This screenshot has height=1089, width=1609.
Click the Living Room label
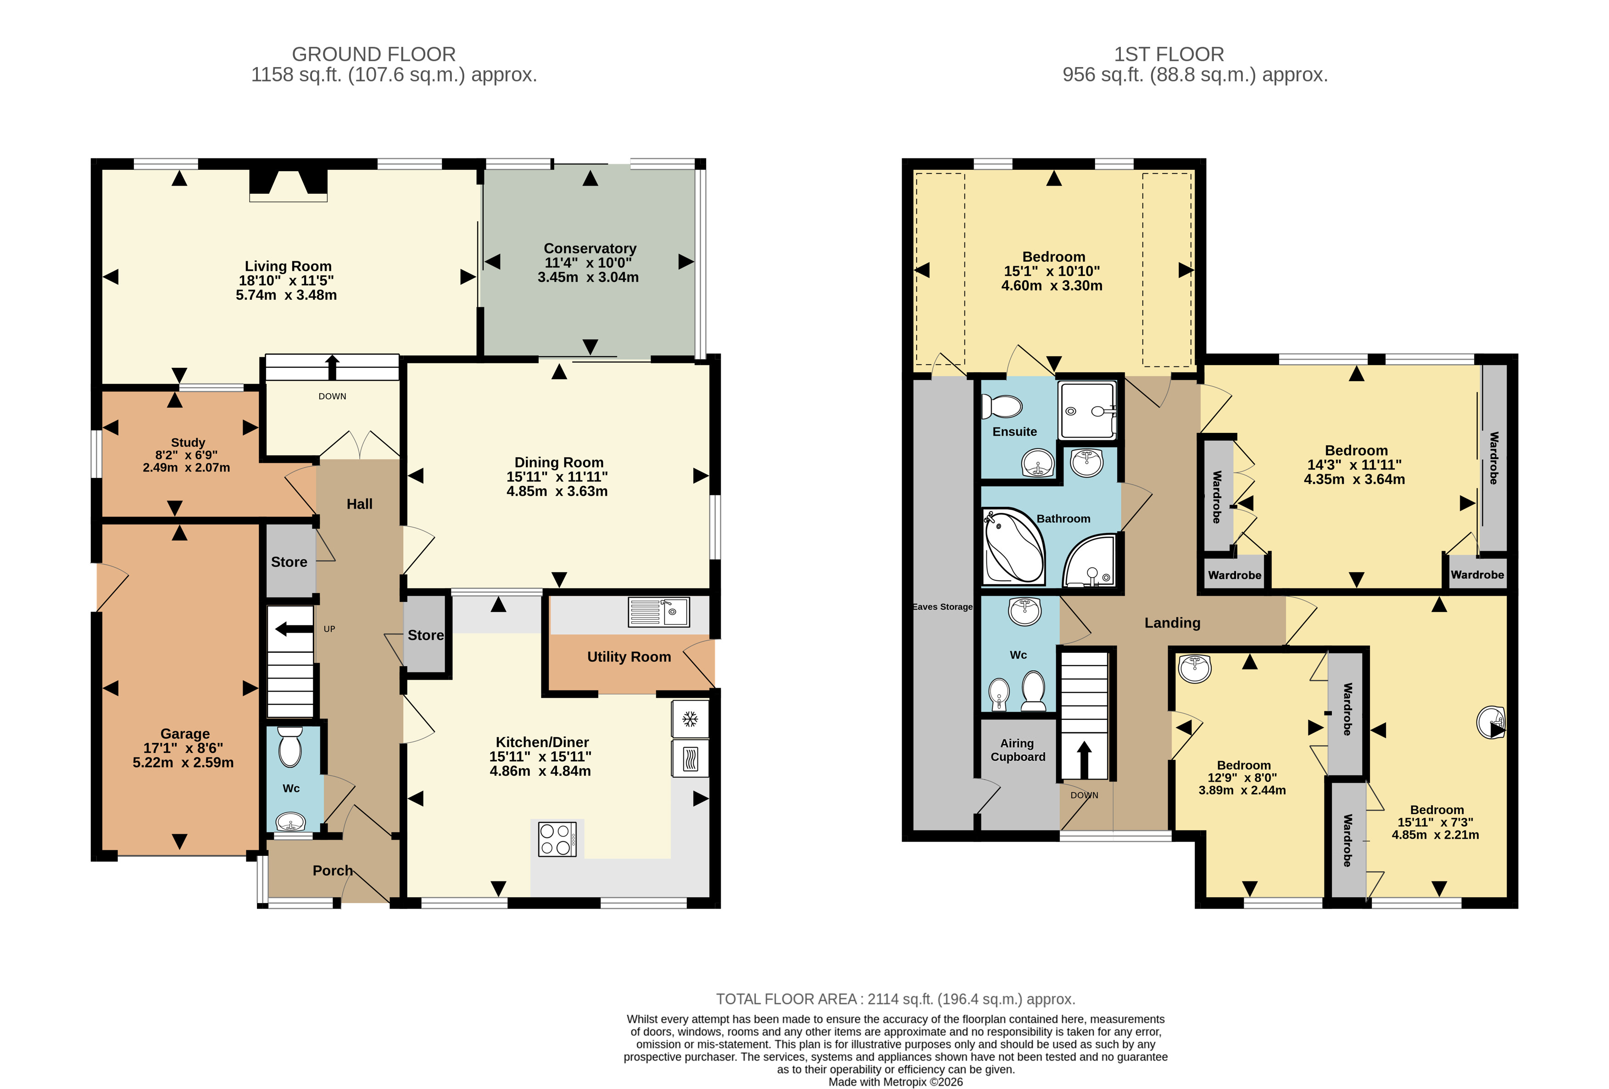click(288, 266)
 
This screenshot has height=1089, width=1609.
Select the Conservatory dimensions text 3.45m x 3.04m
click(588, 277)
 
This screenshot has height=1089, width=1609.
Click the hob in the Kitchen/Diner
click(557, 839)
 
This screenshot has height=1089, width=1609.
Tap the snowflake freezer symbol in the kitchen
click(690, 719)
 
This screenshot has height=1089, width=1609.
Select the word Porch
click(332, 871)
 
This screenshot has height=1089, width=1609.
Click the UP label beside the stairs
click(329, 629)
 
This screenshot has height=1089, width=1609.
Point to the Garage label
click(185, 734)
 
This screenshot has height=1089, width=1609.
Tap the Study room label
click(188, 443)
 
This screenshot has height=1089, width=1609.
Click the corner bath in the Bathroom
click(1013, 546)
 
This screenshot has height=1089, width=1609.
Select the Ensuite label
click(1014, 432)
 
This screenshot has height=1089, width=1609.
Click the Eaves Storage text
click(942, 607)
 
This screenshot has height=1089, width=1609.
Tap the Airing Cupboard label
click(1017, 750)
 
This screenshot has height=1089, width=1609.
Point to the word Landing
click(1172, 623)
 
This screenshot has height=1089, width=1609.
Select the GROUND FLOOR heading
click(374, 54)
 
